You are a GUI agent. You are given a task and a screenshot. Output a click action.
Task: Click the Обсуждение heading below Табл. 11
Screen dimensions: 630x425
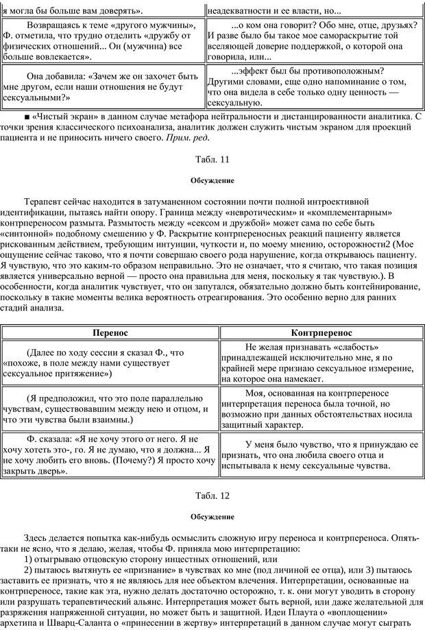tap(212, 181)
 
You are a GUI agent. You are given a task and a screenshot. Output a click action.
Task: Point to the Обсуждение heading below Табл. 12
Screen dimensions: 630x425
tap(212, 516)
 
